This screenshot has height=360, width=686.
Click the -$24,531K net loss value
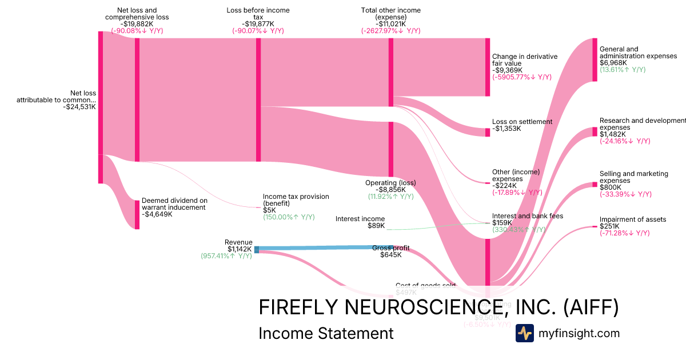pyautogui.click(x=79, y=107)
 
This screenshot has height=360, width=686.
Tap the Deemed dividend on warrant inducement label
pyautogui.click(x=174, y=204)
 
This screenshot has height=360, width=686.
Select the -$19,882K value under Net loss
pyautogui.click(x=137, y=24)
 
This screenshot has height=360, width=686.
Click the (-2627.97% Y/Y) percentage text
pyautogui.click(x=390, y=31)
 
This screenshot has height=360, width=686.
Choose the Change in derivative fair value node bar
pyautogui.click(x=488, y=67)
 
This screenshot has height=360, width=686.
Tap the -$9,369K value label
pyautogui.click(x=505, y=70)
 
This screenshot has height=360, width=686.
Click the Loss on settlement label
pyautogui.click(x=522, y=122)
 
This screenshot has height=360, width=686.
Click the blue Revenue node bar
pyautogui.click(x=257, y=249)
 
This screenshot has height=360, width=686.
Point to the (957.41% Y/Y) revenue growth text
pyautogui.click(x=226, y=256)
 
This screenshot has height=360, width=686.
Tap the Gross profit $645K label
pyautogui.click(x=391, y=251)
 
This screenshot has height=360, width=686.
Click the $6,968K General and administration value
pyautogui.click(x=613, y=63)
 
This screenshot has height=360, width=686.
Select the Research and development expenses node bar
pyautogui.click(x=595, y=131)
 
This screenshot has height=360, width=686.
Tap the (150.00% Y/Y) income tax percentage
pyautogui.click(x=289, y=217)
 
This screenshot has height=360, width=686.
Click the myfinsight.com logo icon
pyautogui.click(x=524, y=333)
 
